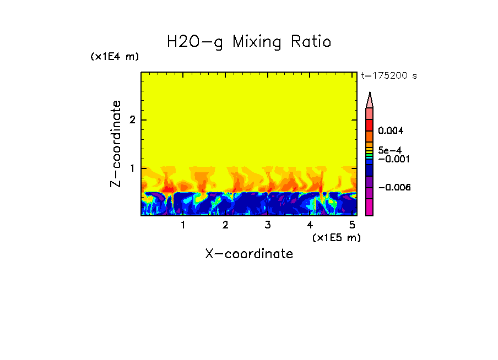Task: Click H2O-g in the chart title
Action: (195, 42)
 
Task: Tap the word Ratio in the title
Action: (312, 42)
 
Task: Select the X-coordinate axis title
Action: (249, 254)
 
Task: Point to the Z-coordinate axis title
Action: (116, 144)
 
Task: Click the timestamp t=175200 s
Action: (388, 76)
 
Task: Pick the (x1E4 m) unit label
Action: (115, 57)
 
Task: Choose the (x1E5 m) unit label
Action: (336, 237)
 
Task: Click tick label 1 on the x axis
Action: (183, 225)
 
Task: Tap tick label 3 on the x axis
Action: (268, 225)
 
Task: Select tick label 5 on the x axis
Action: (352, 225)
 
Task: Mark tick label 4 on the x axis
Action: (310, 225)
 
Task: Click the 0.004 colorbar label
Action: (391, 131)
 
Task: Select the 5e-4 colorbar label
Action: (389, 150)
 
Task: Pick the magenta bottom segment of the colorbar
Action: (370, 208)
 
